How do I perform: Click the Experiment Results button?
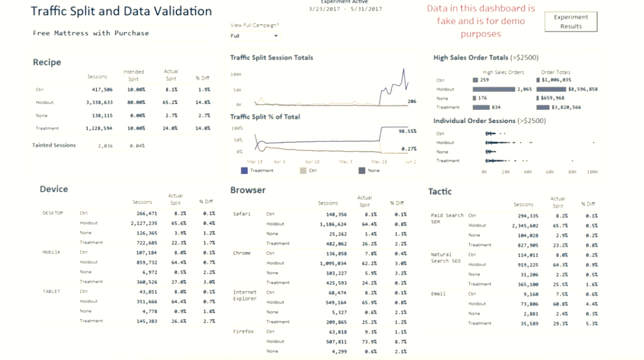click(570, 21)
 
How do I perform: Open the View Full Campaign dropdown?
click(254, 36)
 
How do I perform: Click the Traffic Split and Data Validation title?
click(121, 11)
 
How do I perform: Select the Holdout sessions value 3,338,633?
click(99, 102)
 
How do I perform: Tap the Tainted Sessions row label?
click(54, 145)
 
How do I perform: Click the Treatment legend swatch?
click(244, 171)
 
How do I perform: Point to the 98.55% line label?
click(407, 131)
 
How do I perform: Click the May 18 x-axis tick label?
click(378, 161)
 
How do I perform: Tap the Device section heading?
click(53, 189)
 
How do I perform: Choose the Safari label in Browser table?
click(242, 214)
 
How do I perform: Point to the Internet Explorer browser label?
click(245, 296)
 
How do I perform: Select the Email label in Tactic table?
click(438, 294)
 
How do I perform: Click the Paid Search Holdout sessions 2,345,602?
click(524, 225)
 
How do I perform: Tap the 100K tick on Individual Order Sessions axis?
click(592, 172)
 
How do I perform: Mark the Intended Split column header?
click(133, 75)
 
